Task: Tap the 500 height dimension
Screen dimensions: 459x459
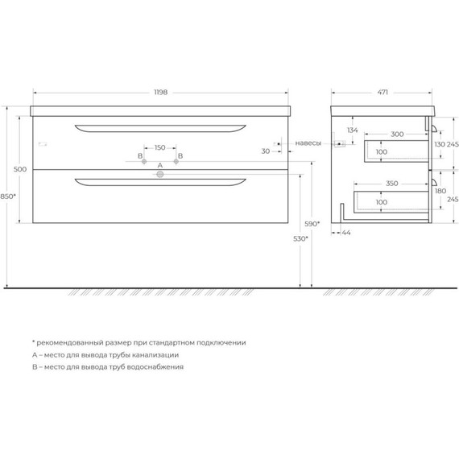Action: point(21,169)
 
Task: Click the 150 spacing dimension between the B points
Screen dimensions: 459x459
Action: point(159,147)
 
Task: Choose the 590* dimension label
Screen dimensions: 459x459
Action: point(312,223)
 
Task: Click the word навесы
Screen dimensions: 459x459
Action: point(308,143)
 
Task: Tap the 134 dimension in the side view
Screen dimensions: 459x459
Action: point(353,130)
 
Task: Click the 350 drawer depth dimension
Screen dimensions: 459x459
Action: point(391,184)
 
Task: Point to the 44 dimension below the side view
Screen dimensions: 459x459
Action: point(346,232)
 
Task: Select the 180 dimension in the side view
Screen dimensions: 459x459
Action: point(440,192)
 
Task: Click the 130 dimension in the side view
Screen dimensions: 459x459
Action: point(440,143)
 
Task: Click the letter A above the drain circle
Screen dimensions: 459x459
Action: point(159,165)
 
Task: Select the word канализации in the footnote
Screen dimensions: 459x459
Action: point(153,354)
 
